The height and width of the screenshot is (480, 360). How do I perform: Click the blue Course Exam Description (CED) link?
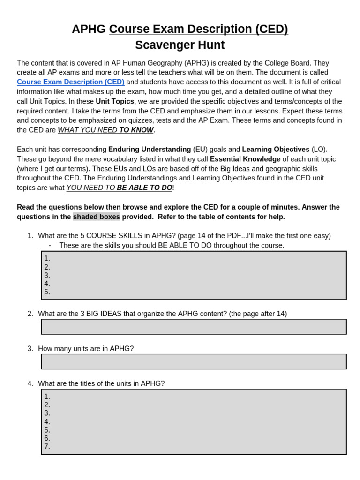(x=70, y=82)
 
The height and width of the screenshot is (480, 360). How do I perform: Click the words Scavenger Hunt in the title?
(x=180, y=45)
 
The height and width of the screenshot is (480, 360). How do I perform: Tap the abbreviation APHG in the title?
(x=89, y=29)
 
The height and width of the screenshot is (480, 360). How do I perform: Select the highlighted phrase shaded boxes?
(x=97, y=217)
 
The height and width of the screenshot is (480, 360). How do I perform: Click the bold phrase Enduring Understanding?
(x=150, y=149)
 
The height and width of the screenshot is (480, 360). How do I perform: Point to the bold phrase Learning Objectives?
(x=276, y=149)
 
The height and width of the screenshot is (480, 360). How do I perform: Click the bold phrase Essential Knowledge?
(x=245, y=159)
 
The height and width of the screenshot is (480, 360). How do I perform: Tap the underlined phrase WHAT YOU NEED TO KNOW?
(x=105, y=130)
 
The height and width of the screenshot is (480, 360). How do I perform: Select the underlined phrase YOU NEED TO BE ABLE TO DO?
(x=119, y=187)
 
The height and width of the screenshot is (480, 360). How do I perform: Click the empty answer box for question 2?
(x=194, y=327)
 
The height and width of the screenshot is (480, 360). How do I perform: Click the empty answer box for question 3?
(x=194, y=361)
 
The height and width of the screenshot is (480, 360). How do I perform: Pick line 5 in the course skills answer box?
(x=47, y=292)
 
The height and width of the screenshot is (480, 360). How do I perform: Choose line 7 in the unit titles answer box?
(x=47, y=447)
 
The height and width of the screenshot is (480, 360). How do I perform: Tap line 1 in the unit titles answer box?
(x=47, y=397)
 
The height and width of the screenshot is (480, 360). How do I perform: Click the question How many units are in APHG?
(x=86, y=348)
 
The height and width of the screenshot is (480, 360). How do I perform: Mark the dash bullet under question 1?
(x=50, y=245)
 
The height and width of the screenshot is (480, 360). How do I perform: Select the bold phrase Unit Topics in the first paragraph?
(x=115, y=101)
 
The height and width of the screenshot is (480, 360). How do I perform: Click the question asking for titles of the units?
(x=101, y=383)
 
